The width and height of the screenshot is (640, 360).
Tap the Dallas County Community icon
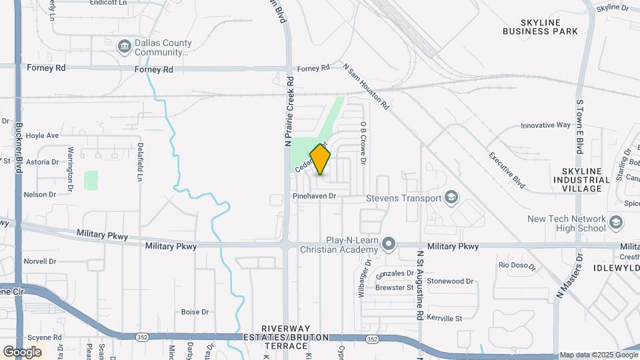(124, 46)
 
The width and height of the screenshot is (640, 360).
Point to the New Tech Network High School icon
(615, 223)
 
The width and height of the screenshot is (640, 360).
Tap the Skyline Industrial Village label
(581, 180)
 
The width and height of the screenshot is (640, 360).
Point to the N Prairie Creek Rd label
(289, 111)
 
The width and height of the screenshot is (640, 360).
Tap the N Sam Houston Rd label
(366, 86)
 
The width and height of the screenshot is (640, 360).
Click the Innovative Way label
(545, 125)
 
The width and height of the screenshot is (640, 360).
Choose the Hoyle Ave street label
(43, 135)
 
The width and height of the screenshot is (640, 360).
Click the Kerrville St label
(445, 319)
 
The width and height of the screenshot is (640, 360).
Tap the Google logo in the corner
(21, 352)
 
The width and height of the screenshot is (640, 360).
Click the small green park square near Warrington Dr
(91, 180)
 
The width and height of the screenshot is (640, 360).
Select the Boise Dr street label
(195, 312)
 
